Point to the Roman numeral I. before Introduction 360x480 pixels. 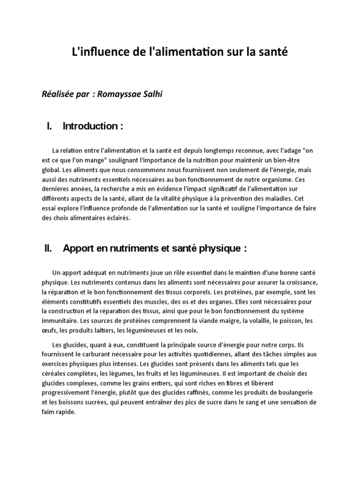pos(49,126)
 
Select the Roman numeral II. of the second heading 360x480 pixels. pos(48,249)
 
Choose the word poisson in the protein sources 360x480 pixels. pos(289,321)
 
